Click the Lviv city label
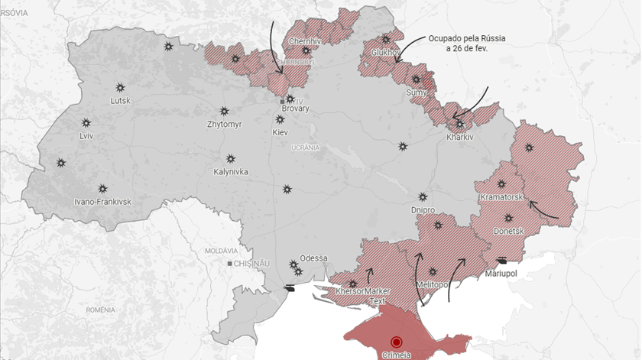(x=86, y=136)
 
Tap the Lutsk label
(x=121, y=101)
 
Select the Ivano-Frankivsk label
(x=102, y=202)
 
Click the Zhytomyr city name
(x=224, y=124)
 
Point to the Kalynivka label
(x=230, y=172)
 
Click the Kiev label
(x=280, y=132)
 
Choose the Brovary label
(x=296, y=109)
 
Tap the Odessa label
(x=313, y=258)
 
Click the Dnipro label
(x=423, y=209)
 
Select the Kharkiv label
(x=460, y=138)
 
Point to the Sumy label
(x=416, y=92)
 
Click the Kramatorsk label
(x=501, y=197)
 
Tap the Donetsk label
(x=509, y=231)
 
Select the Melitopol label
(x=433, y=284)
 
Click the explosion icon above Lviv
(x=86, y=122)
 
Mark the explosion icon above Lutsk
(x=120, y=87)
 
